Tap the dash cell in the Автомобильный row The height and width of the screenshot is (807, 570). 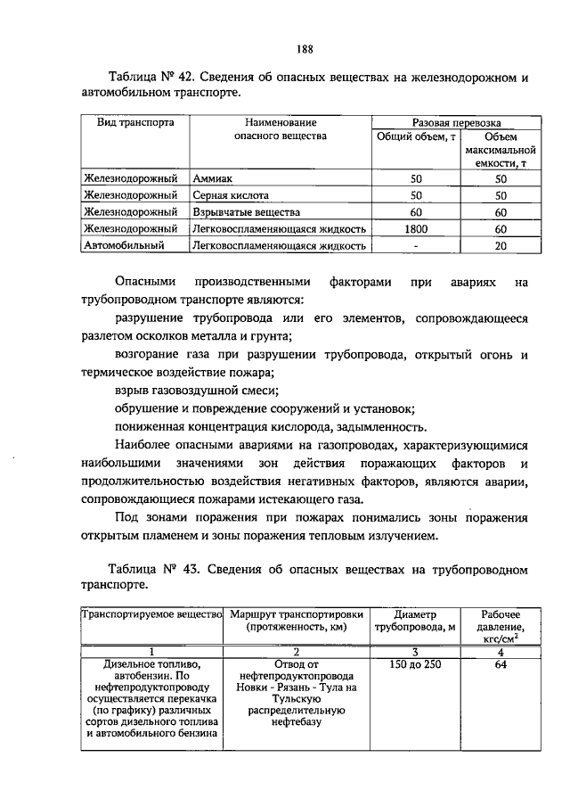[415, 245]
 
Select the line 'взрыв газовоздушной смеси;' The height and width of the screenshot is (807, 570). [197, 390]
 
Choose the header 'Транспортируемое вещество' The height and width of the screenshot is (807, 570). [151, 614]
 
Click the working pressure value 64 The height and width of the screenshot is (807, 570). [500, 664]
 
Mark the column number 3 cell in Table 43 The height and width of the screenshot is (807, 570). [415, 652]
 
